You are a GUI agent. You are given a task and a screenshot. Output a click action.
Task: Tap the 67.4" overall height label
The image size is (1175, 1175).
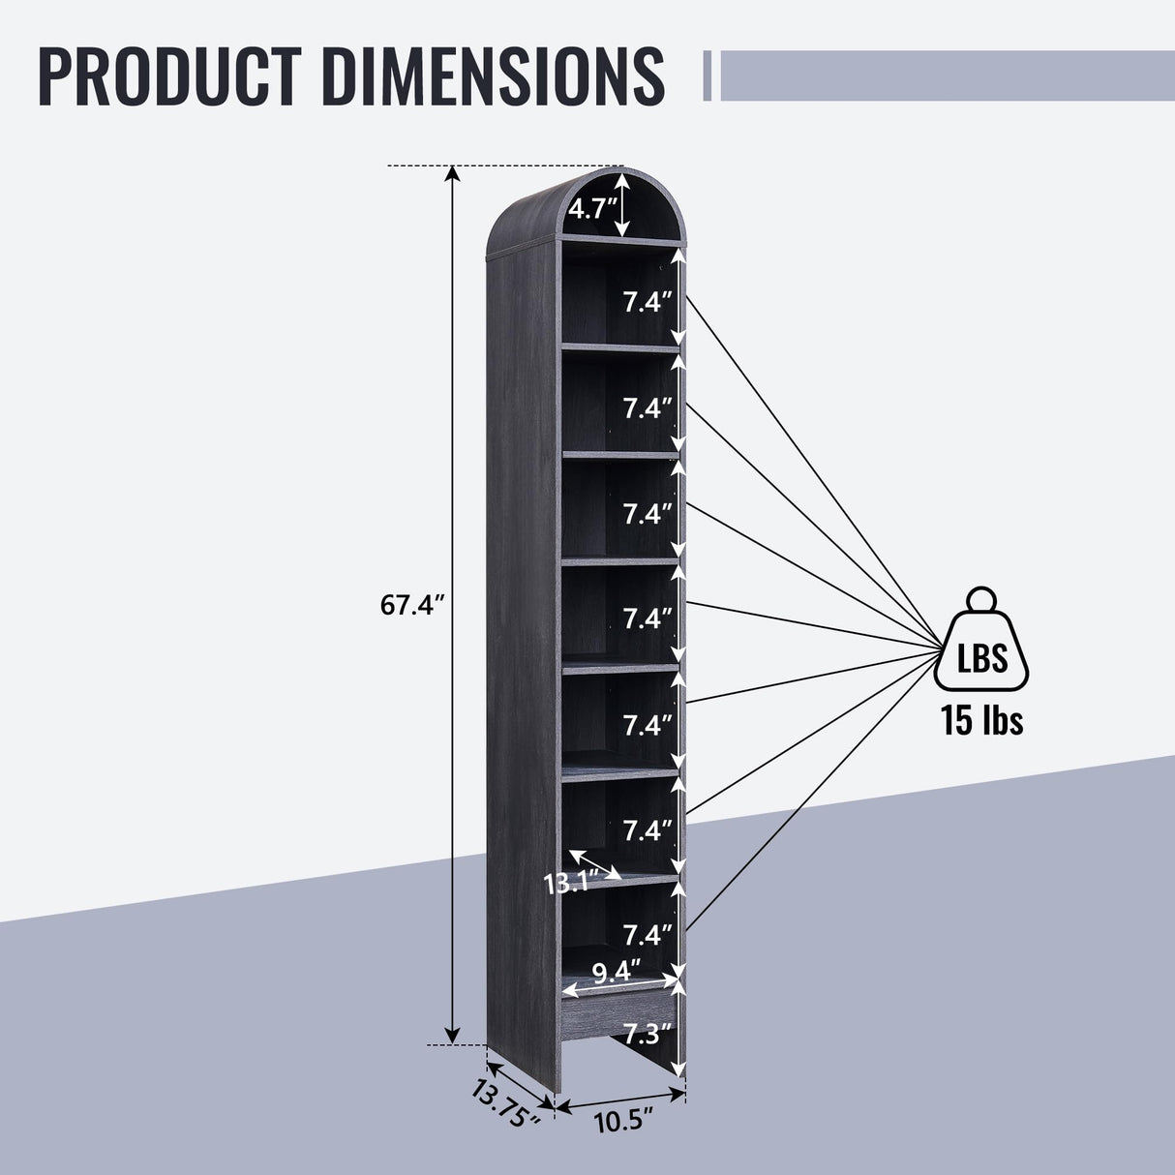pos(411,606)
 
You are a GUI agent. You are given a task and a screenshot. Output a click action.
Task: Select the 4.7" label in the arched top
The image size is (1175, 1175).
pos(587,208)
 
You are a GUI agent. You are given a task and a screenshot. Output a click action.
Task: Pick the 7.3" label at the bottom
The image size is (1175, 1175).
pos(647,1034)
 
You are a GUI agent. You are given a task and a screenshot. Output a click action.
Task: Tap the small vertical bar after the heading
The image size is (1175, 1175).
pos(708,75)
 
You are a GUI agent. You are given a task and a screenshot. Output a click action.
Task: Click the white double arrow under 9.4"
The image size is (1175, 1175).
pos(620,985)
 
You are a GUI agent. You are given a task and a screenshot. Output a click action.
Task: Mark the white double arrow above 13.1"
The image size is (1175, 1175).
pos(595,863)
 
